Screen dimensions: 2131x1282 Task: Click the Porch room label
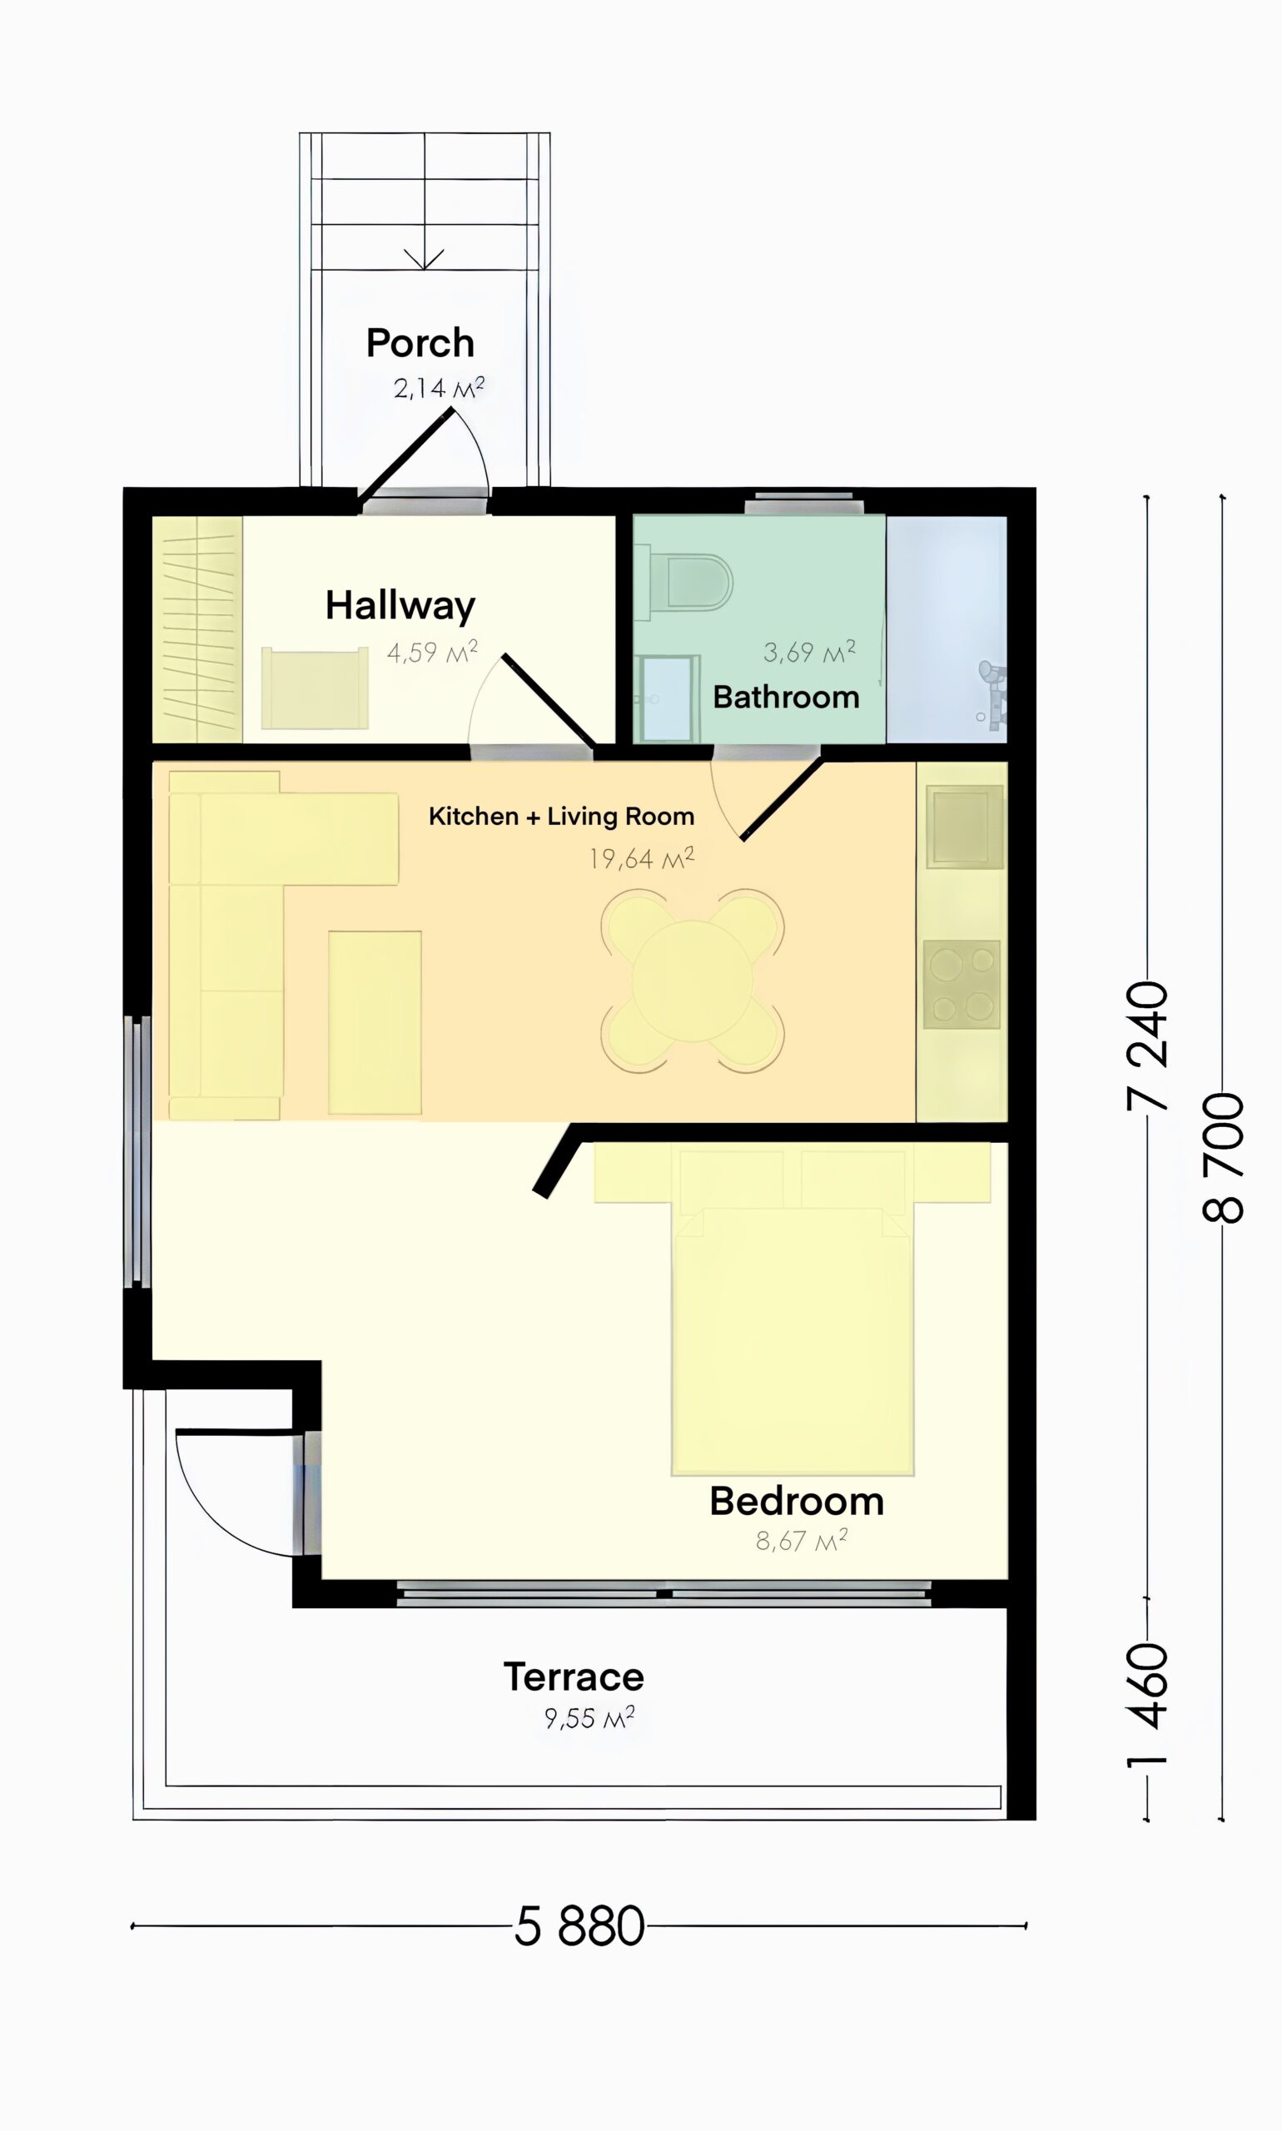420,343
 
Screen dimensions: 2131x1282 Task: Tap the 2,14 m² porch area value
438,388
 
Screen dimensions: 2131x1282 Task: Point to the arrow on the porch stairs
425,258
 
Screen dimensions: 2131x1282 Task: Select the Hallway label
400,605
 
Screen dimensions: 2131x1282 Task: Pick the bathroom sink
666,698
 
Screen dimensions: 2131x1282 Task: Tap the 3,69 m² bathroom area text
808,651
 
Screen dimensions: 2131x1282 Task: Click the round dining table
692,981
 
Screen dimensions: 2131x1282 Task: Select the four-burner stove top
961,984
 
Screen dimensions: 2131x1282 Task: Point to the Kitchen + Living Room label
562,817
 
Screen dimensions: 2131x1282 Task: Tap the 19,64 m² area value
641,858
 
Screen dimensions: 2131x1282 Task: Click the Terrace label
574,1676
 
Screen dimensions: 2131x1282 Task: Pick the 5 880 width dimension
579,1925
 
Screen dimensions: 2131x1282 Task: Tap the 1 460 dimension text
1148,1703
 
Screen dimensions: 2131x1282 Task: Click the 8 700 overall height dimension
1222,1158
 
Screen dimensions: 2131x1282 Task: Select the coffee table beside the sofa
375,1022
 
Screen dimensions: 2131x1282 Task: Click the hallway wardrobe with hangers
197,628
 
